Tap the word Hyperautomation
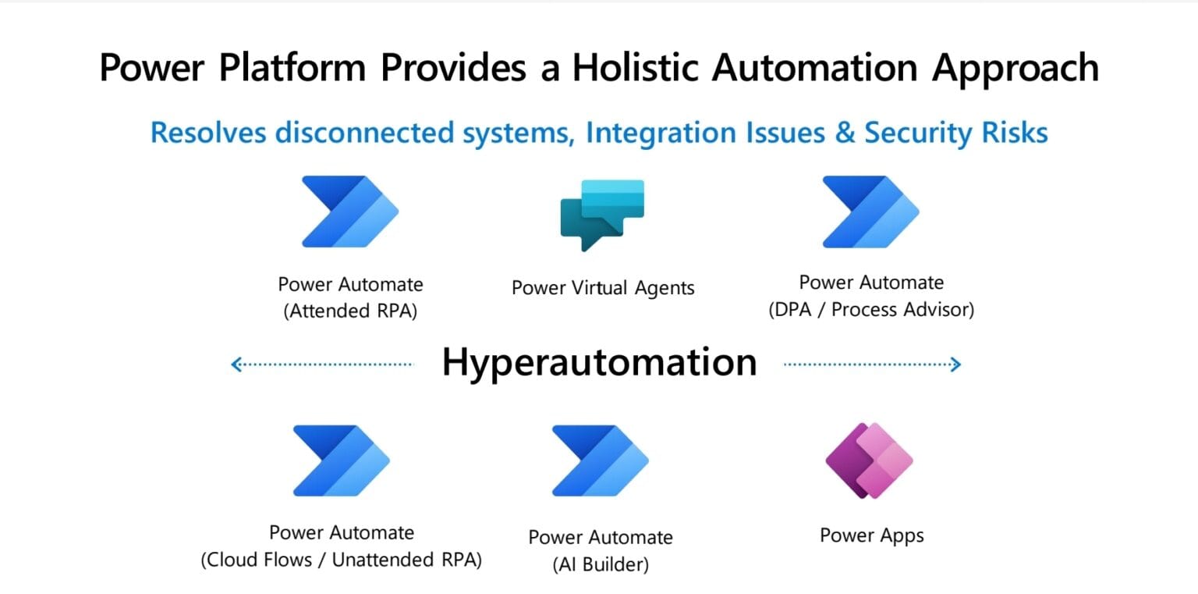[x=599, y=362]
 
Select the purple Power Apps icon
[x=869, y=461]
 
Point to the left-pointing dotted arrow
[x=322, y=364]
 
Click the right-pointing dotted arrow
[x=872, y=364]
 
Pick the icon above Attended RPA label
[x=350, y=212]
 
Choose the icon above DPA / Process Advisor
[x=871, y=212]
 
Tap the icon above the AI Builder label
[x=600, y=461]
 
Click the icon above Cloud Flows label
[x=341, y=461]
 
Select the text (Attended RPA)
[x=350, y=311]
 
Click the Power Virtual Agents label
[x=602, y=288]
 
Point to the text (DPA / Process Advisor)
[x=871, y=310]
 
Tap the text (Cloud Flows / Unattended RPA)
[x=341, y=560]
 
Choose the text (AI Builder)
[x=600, y=564]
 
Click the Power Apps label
[x=871, y=535]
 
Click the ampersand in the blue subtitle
[x=845, y=133]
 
